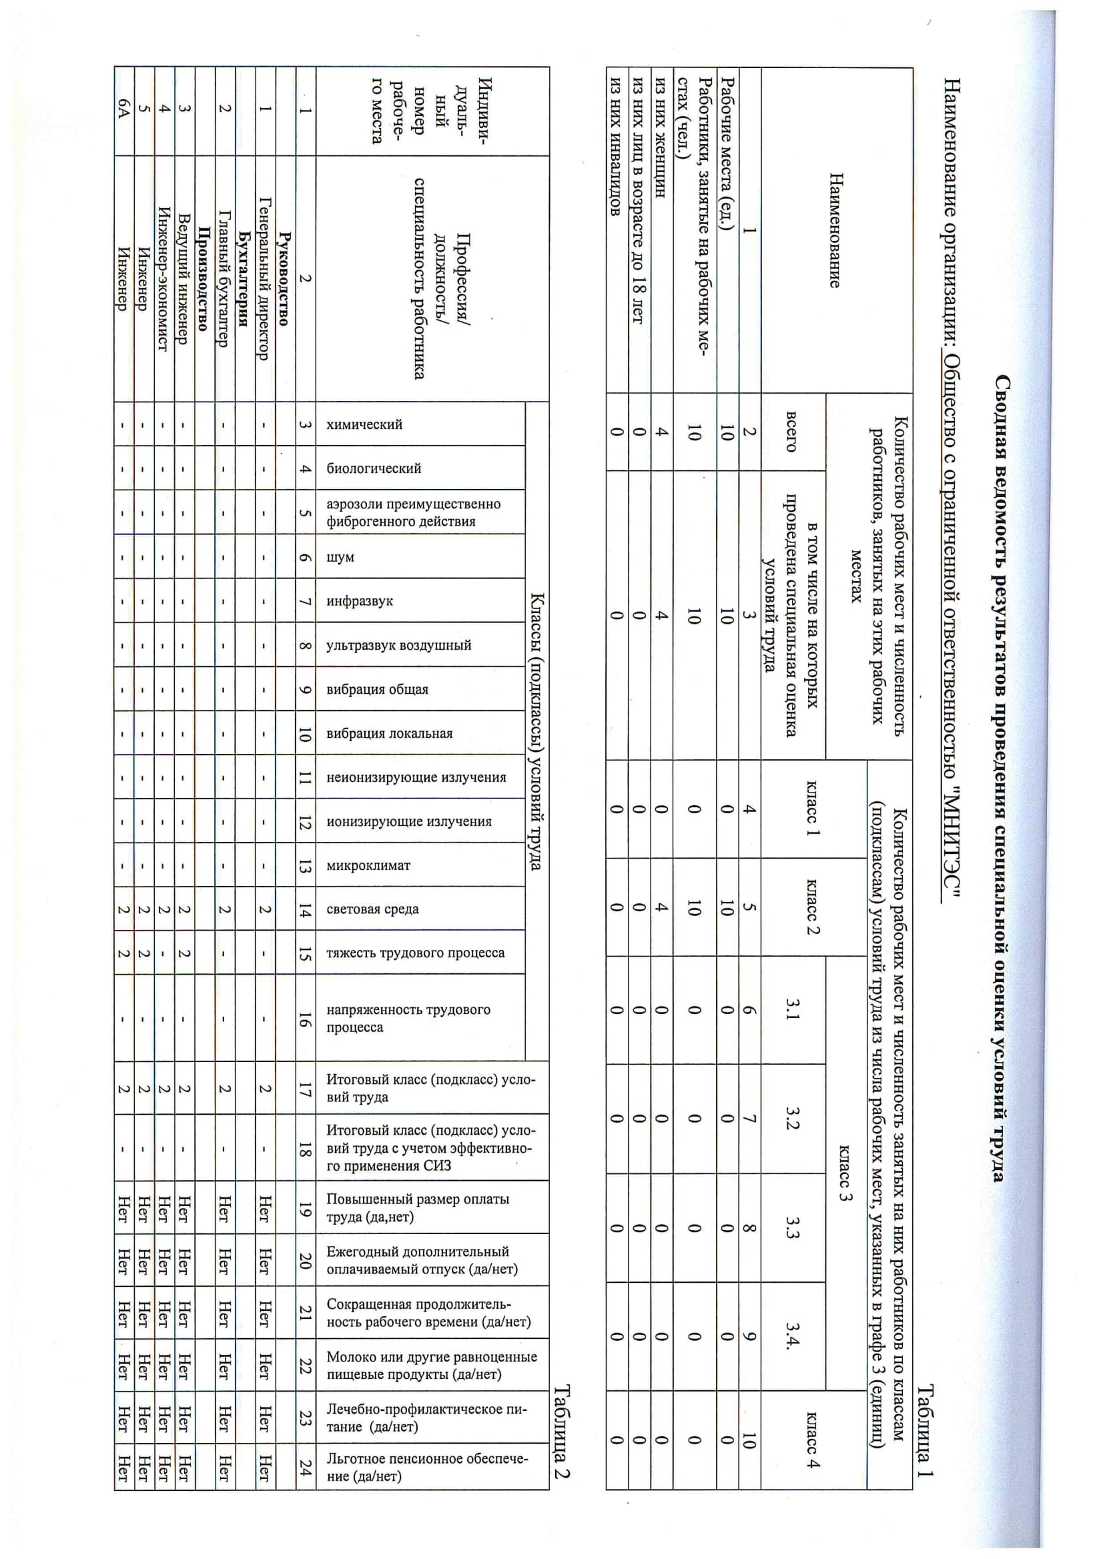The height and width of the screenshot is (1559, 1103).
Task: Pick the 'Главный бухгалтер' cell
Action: (x=224, y=278)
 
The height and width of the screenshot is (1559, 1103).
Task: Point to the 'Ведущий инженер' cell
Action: (x=183, y=278)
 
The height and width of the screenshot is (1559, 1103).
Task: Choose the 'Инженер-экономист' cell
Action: (x=162, y=278)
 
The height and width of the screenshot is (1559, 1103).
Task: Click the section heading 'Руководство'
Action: (x=284, y=278)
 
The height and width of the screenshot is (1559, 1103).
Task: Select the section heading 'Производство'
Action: (x=203, y=278)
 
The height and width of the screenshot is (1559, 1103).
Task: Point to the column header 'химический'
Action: (x=364, y=424)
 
